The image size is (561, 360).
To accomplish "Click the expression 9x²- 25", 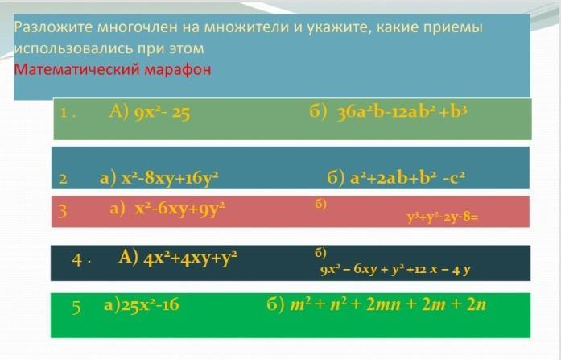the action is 162,113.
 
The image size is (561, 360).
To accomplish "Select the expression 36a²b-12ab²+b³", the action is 402,113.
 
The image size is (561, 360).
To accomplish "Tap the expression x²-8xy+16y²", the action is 170,178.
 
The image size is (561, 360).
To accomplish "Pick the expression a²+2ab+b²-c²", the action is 407,177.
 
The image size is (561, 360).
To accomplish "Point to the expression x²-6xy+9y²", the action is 180,209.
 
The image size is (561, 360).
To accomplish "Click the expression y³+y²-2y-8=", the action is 443,217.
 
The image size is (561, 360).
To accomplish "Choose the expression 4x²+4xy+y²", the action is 190,258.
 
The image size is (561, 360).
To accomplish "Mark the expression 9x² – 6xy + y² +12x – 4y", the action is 395,269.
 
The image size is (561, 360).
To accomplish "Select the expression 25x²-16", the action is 150,305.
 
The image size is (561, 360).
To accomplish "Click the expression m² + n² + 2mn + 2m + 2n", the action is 388,304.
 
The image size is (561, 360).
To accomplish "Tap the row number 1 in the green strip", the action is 64,113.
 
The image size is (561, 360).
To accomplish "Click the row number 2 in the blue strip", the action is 63,178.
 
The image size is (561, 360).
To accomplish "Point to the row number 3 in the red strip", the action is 62,210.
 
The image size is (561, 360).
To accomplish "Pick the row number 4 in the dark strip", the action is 76,259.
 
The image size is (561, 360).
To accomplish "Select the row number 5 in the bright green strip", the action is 76,307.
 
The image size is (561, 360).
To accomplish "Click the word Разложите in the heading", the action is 54,27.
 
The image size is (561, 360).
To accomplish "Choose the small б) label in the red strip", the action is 320,204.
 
